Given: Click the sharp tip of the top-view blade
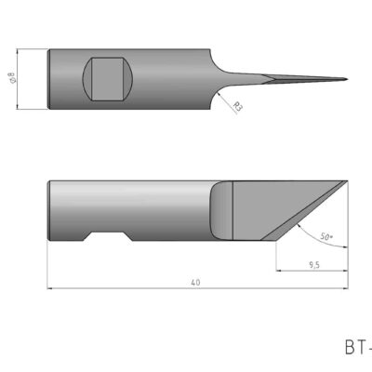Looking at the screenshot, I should coord(347,77).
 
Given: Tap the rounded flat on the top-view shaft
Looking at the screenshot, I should coord(110,78).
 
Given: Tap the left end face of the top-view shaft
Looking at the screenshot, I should coord(49,78).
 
